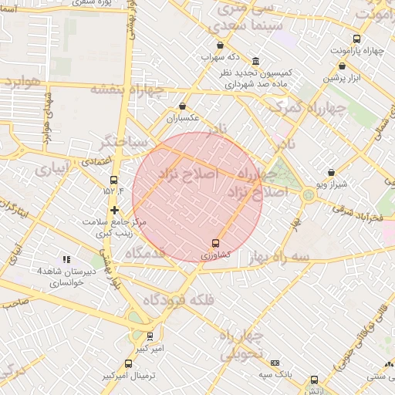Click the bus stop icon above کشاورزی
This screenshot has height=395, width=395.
tap(215, 243)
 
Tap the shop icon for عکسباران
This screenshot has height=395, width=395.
tap(183, 106)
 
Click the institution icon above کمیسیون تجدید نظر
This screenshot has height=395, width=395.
tap(255, 62)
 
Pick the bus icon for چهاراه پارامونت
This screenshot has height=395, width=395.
tap(356, 39)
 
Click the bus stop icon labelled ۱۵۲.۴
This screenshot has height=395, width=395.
tap(114, 179)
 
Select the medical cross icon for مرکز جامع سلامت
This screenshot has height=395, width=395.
tap(114, 210)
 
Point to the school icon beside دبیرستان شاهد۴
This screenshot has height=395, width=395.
tap(66, 260)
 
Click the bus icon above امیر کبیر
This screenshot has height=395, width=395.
tap(150, 336)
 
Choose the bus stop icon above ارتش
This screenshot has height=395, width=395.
tap(314, 380)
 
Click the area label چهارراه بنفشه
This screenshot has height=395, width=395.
tap(128, 88)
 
